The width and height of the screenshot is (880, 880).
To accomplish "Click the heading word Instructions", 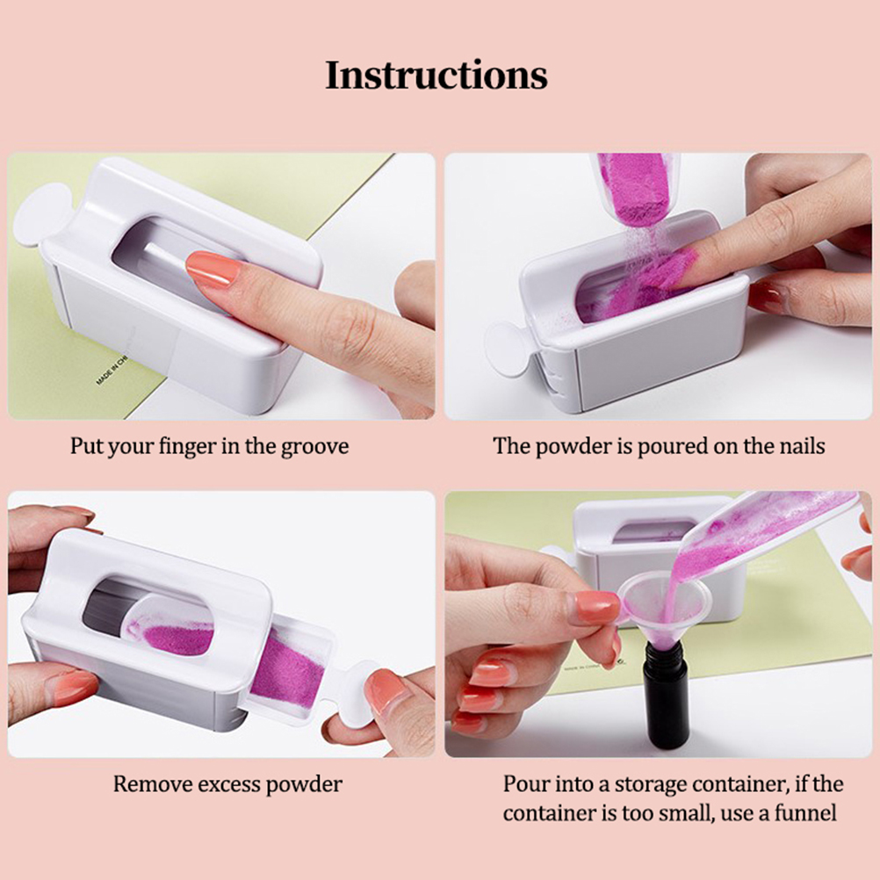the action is click(436, 76).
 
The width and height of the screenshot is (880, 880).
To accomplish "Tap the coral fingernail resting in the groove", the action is click(213, 269).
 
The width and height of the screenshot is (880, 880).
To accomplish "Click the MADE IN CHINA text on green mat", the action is click(112, 371).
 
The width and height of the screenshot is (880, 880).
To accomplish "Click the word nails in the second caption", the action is click(802, 447).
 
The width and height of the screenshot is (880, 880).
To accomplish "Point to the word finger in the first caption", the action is click(187, 447).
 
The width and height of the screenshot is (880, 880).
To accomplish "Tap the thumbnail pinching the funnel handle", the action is click(597, 606).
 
